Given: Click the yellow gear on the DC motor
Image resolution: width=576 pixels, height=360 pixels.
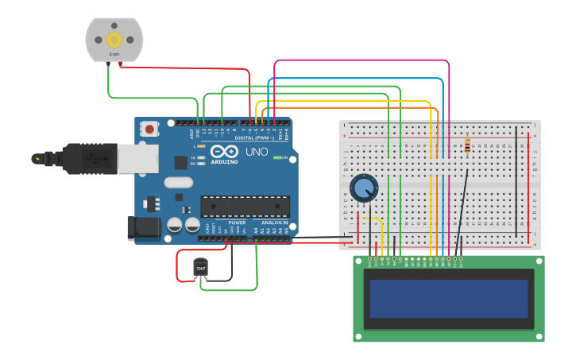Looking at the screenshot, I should pyautogui.click(x=114, y=39).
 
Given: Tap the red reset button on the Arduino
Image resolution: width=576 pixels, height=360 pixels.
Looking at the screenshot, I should pyautogui.click(x=149, y=128).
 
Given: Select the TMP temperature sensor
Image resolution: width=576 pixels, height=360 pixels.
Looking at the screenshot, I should pyautogui.click(x=201, y=269).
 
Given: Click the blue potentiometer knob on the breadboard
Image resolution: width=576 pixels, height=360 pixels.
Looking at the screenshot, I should pyautogui.click(x=364, y=188).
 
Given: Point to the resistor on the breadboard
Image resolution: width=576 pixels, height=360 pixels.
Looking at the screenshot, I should pyautogui.click(x=466, y=145).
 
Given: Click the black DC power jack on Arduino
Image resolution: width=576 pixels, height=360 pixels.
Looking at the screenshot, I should pyautogui.click(x=144, y=227).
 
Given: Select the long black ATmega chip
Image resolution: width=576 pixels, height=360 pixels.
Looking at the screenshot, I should pyautogui.click(x=244, y=207).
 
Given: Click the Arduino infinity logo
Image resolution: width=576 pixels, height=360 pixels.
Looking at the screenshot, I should pyautogui.click(x=224, y=152).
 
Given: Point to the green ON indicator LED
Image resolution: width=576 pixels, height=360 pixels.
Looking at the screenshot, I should pyautogui.click(x=276, y=157).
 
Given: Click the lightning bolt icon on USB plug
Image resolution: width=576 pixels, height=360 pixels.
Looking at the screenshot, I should pyautogui.click(x=37, y=159).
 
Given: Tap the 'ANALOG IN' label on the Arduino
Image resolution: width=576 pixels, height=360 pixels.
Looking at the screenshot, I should pyautogui.click(x=275, y=223).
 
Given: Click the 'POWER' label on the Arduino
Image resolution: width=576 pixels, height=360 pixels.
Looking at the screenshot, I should pyautogui.click(x=237, y=223).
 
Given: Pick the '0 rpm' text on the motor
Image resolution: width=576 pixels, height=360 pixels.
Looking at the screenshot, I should pyautogui.click(x=114, y=54).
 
